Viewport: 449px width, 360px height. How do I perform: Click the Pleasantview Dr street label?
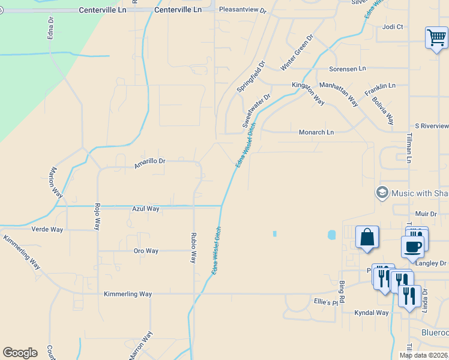point(243,10)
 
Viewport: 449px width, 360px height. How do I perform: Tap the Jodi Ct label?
point(393,27)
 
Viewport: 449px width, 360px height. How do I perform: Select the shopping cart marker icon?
point(436,38)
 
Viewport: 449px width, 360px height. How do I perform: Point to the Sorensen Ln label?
point(348,69)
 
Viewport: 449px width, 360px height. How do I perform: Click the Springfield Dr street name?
point(251,76)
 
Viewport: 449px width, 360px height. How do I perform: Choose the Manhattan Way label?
point(339,94)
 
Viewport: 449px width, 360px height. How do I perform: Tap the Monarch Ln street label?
point(316,132)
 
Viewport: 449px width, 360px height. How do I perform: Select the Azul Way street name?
point(146,209)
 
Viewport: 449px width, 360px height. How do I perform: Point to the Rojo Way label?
point(96,217)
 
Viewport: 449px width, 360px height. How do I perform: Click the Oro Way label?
point(146,251)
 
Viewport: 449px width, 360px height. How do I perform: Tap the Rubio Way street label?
point(193,248)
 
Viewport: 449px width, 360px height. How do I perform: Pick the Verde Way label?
point(47,229)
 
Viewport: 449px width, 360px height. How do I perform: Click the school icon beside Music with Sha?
point(381,193)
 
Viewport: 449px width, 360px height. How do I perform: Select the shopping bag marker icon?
point(367,237)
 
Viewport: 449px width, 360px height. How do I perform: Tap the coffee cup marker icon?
point(412,246)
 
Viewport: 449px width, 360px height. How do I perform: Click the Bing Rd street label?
point(342,291)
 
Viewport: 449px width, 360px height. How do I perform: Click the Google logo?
point(20,353)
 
